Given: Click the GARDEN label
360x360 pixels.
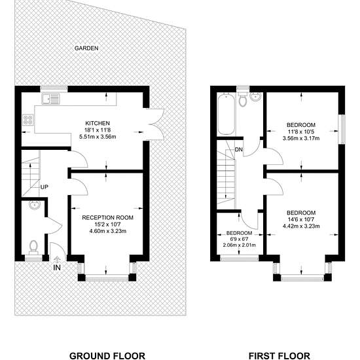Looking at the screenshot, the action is [x=86, y=48].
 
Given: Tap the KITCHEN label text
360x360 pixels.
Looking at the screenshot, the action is [x=98, y=123].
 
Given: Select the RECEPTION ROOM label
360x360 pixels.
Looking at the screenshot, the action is [x=108, y=217].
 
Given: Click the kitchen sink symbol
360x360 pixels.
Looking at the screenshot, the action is [x=50, y=99].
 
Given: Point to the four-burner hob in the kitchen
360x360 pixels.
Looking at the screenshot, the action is [x=28, y=120].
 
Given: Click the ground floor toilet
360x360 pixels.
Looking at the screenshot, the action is [x=33, y=247].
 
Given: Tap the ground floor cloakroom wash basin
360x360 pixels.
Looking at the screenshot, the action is [x=35, y=205].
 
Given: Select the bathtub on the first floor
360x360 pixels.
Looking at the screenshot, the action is [x=226, y=114].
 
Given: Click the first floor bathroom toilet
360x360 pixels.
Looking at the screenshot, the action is [x=243, y=100].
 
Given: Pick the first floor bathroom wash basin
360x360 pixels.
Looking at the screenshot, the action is [x=255, y=97].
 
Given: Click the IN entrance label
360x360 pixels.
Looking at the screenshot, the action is [x=57, y=268].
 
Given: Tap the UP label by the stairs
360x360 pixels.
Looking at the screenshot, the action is [x=45, y=187].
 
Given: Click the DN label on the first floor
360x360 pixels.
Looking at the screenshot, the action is [x=239, y=150].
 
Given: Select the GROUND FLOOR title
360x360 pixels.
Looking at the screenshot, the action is [x=107, y=356].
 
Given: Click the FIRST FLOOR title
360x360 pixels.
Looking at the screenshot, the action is [x=279, y=356].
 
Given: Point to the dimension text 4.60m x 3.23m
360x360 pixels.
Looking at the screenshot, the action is [x=108, y=231].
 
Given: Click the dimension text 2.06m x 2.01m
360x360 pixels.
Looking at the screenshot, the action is [x=239, y=245].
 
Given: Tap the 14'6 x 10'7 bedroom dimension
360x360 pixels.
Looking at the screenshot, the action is [x=301, y=219].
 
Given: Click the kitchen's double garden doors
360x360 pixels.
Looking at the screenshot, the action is [x=155, y=124].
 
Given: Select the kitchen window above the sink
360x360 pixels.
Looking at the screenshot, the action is [x=54, y=88].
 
